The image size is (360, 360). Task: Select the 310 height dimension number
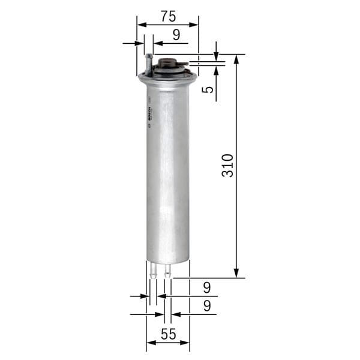click(x=227, y=165)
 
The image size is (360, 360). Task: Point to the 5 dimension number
click(x=207, y=89)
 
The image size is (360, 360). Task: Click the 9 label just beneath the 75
click(x=176, y=35)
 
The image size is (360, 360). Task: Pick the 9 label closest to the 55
click(x=207, y=306)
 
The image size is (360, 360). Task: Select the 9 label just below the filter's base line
click(x=207, y=287)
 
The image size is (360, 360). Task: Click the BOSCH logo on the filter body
click(x=149, y=114)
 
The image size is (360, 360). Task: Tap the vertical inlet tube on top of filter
click(x=148, y=62)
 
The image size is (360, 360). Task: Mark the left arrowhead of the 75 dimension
click(x=141, y=25)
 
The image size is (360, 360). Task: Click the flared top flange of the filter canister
click(x=168, y=77)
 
